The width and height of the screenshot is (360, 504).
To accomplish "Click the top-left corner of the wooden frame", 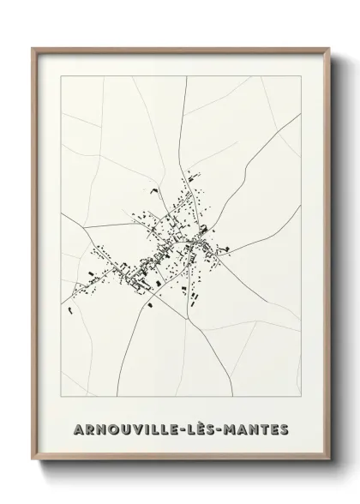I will point(33,48).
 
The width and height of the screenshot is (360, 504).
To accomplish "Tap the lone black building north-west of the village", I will point(154,192).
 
